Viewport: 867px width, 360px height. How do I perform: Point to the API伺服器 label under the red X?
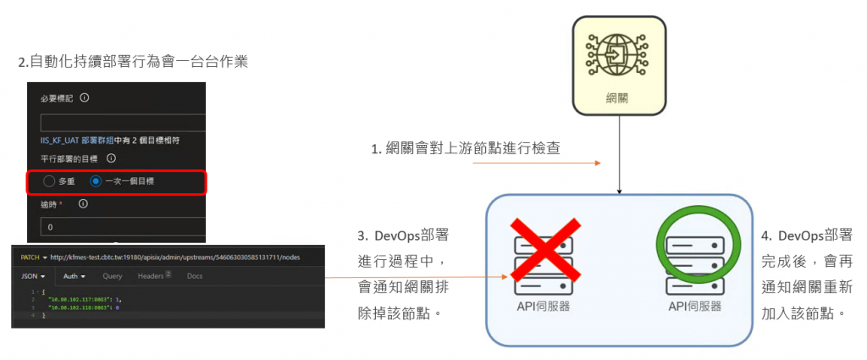pyautogui.click(x=542, y=306)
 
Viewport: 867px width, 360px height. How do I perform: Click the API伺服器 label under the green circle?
pyautogui.click(x=694, y=306)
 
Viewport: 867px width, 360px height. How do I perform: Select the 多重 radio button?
pyautogui.click(x=49, y=181)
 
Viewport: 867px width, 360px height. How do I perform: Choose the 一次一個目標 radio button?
pyautogui.click(x=96, y=181)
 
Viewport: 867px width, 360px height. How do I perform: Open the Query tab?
pyautogui.click(x=113, y=276)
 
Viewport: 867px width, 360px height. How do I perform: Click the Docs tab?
pyautogui.click(x=195, y=276)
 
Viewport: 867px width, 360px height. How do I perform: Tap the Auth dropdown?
pyautogui.click(x=75, y=276)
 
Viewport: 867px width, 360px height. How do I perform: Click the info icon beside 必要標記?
pyautogui.click(x=85, y=98)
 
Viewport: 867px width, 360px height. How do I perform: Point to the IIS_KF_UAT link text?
pyautogui.click(x=59, y=139)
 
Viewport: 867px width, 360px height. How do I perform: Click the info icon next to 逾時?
pyautogui.click(x=83, y=204)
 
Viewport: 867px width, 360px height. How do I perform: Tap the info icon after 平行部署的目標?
pyautogui.click(x=111, y=158)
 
